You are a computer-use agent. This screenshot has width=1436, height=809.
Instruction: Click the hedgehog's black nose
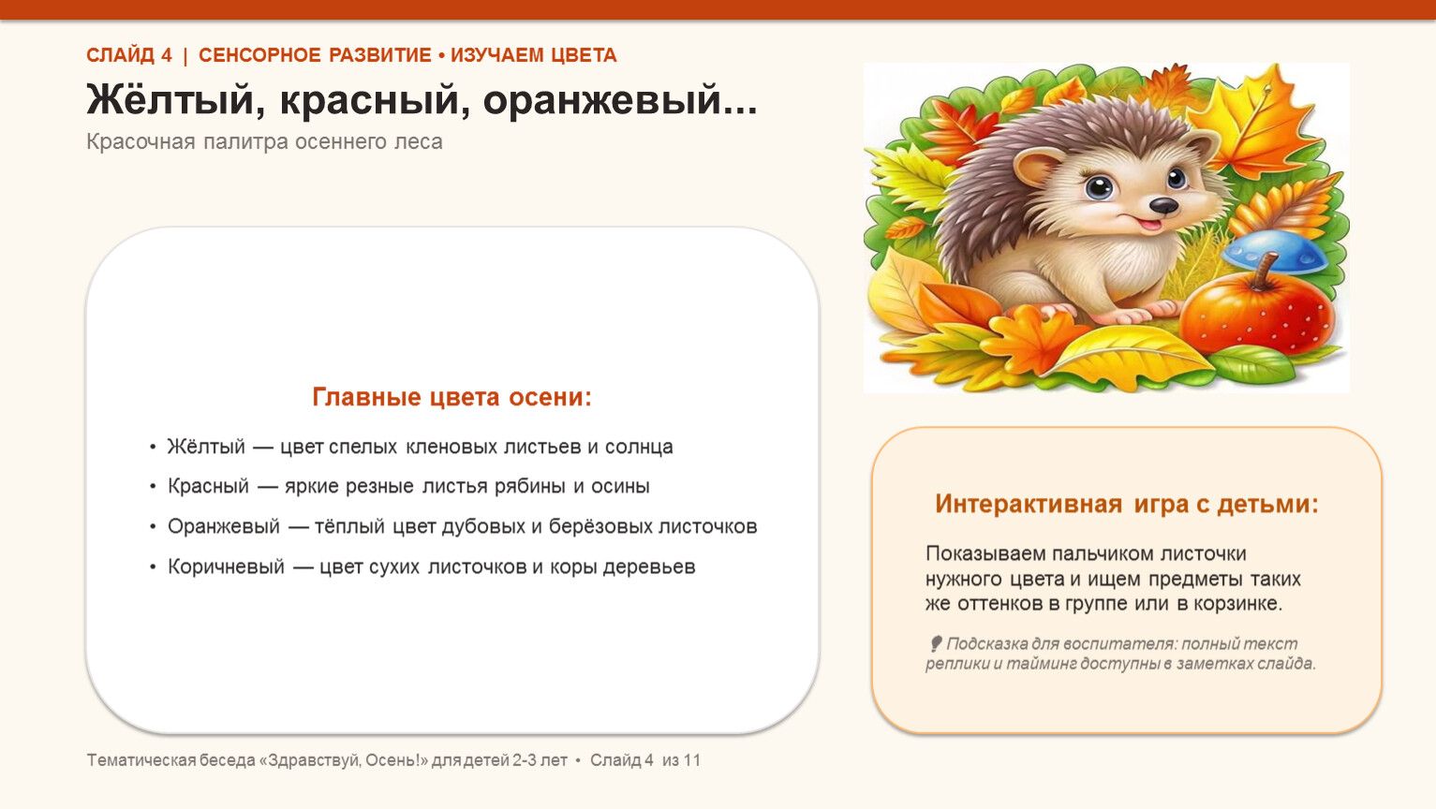(x=1162, y=206)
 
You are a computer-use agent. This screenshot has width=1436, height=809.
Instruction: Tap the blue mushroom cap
(x=1275, y=252)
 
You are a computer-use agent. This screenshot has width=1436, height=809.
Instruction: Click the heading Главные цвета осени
(x=452, y=397)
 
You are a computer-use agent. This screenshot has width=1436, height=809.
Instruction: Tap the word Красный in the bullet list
(x=208, y=486)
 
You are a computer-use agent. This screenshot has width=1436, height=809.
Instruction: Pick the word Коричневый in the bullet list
(x=227, y=566)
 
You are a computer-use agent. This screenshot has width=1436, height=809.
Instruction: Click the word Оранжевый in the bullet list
(x=224, y=526)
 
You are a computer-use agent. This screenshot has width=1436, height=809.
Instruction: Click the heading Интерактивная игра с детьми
(x=1126, y=504)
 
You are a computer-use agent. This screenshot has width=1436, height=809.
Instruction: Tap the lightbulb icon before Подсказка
(x=936, y=643)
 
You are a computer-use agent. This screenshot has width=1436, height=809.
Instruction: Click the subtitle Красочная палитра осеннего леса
(x=264, y=141)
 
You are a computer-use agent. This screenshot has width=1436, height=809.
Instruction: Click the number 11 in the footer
(x=691, y=760)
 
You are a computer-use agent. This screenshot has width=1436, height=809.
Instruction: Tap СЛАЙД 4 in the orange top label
(x=129, y=56)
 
